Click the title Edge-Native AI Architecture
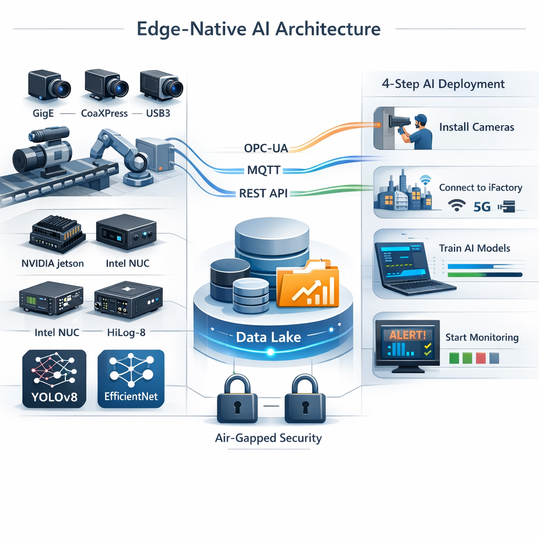pyautogui.click(x=258, y=28)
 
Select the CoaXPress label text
pyautogui.click(x=104, y=113)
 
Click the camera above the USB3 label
pyautogui.click(x=161, y=86)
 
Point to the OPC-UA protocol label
pyautogui.click(x=266, y=148)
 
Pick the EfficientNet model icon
pyautogui.click(x=131, y=379)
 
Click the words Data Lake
pyautogui.click(x=268, y=337)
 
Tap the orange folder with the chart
pyautogui.click(x=308, y=284)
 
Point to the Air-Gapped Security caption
pyautogui.click(x=268, y=438)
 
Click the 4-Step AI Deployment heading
pyautogui.click(x=442, y=84)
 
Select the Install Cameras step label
pyautogui.click(x=476, y=127)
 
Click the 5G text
pyautogui.click(x=482, y=207)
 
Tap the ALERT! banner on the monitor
pyautogui.click(x=407, y=334)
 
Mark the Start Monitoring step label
pyautogui.click(x=482, y=337)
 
